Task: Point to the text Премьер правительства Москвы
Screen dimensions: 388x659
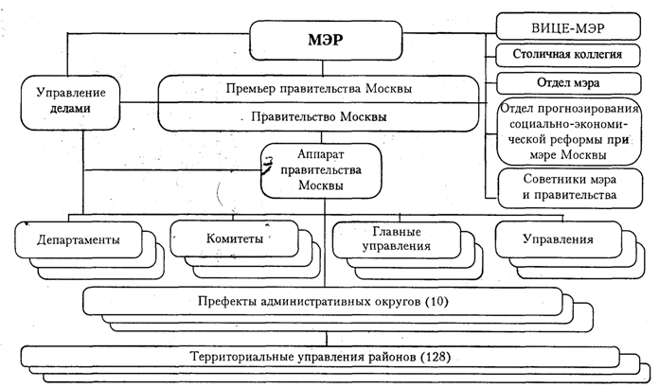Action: (x=325, y=88)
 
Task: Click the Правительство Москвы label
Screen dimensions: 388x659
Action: (x=325, y=117)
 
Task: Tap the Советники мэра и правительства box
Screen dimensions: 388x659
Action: (x=559, y=186)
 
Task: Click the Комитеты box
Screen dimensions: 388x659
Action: (x=228, y=239)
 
